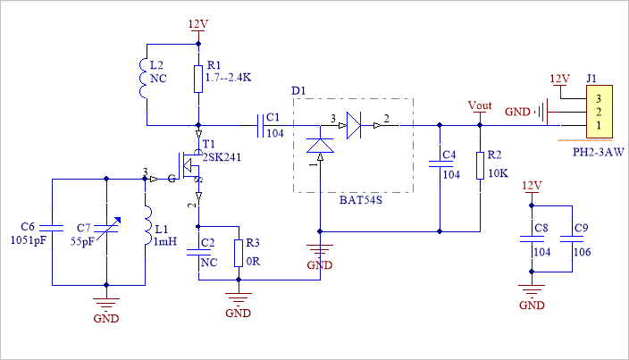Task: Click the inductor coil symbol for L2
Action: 145,79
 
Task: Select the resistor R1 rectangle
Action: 197,79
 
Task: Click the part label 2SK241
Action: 221,156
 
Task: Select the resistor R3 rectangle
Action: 238,254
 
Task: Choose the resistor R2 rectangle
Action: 480,165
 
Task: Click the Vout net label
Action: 480,105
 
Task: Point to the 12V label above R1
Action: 198,23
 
